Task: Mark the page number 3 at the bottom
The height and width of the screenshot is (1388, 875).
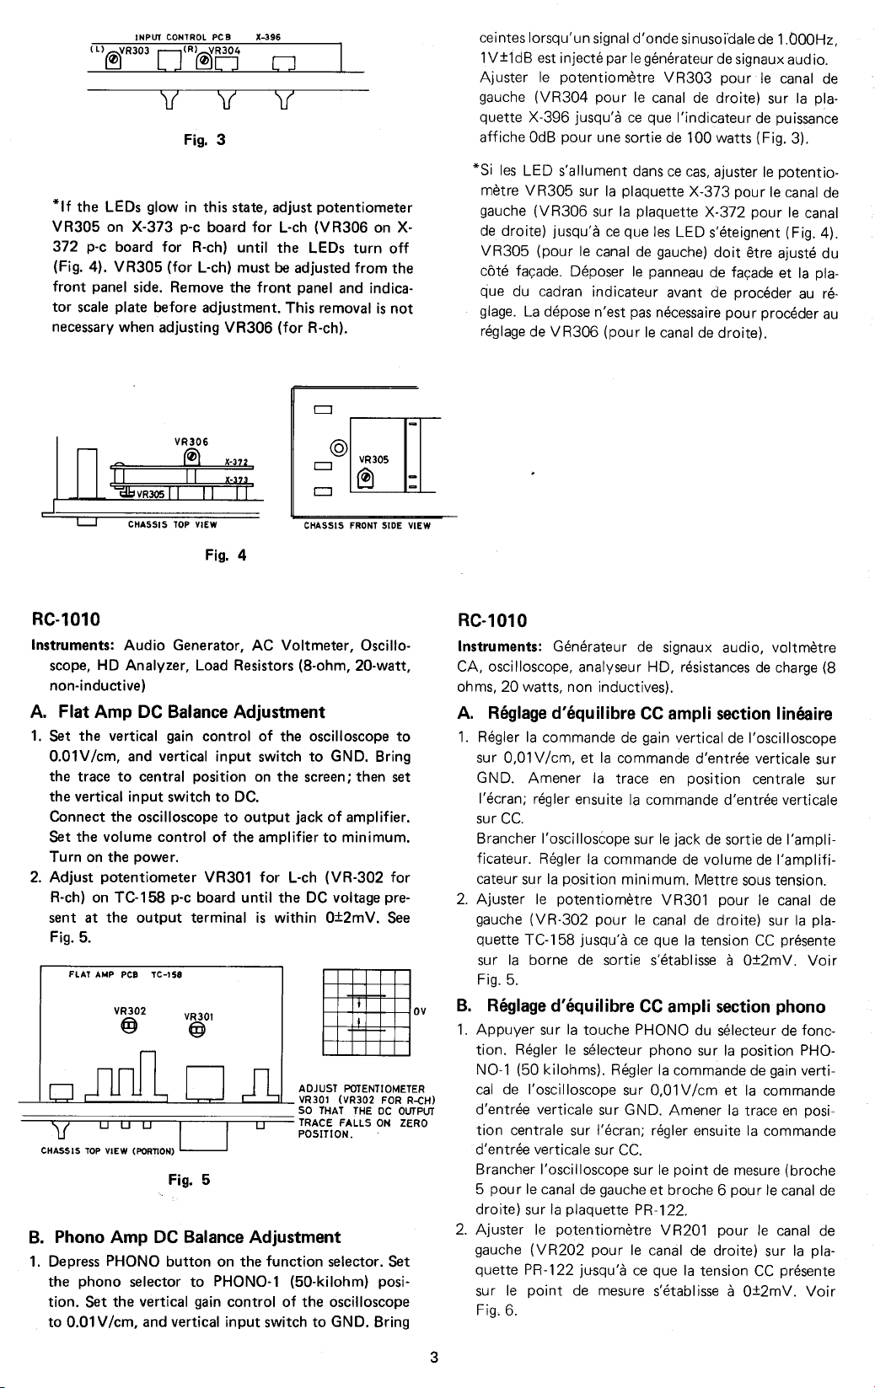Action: (x=433, y=1357)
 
